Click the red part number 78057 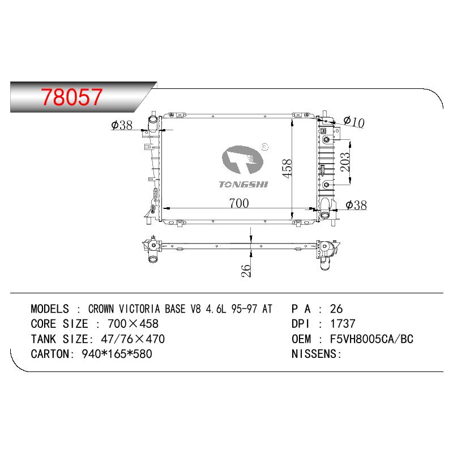coord(71,96)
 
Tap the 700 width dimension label coord(239,203)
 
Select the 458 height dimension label coord(287,168)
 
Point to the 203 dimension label coord(345,162)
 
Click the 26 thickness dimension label coord(246,271)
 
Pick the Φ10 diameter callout coord(354,122)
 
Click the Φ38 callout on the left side coord(122,125)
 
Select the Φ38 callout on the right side coord(356,205)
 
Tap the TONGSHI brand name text coord(243,185)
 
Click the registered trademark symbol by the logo coord(264,147)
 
